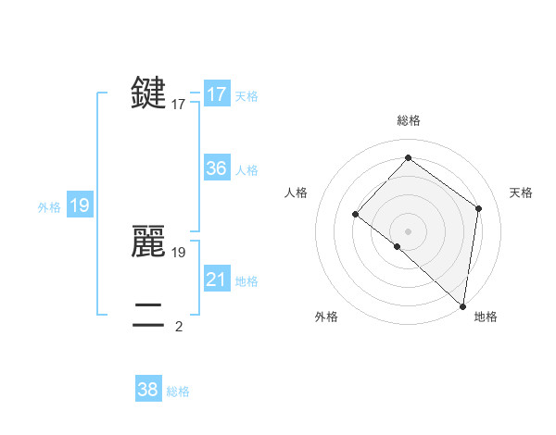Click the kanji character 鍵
(149, 93)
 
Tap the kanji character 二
(149, 315)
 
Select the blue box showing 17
(217, 94)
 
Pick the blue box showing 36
(217, 168)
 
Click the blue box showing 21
(217, 280)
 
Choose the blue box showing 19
(80, 205)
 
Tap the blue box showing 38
(147, 390)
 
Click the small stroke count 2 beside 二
(179, 326)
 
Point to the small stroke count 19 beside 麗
(179, 252)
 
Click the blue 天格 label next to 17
(246, 96)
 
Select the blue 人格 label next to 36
(246, 170)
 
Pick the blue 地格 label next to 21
(246, 281)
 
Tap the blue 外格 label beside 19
(49, 207)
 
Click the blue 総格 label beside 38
(178, 391)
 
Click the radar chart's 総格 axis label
(409, 121)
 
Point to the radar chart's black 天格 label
(521, 193)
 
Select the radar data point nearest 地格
(462, 305)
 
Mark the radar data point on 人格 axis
(355, 214)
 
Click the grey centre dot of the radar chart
(409, 230)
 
